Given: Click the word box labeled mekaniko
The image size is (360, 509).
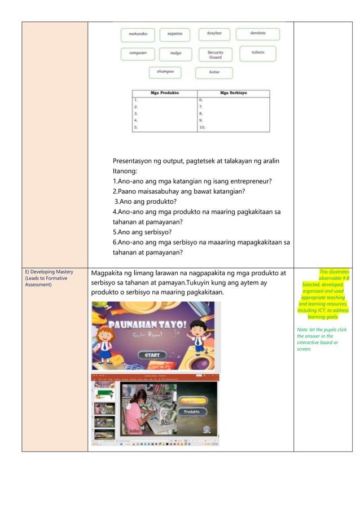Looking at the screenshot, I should tap(138, 34).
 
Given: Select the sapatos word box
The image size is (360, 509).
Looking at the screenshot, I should tap(174, 34).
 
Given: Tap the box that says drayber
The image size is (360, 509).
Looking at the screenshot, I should tap(214, 34).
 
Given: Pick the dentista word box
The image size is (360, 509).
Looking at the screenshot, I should tap(257, 34).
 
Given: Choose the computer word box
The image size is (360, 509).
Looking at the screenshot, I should tap(138, 54).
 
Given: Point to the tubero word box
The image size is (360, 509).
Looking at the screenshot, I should tap(257, 53).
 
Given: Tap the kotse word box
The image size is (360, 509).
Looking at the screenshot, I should tap(214, 73).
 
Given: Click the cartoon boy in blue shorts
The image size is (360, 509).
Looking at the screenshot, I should tap(197, 336).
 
